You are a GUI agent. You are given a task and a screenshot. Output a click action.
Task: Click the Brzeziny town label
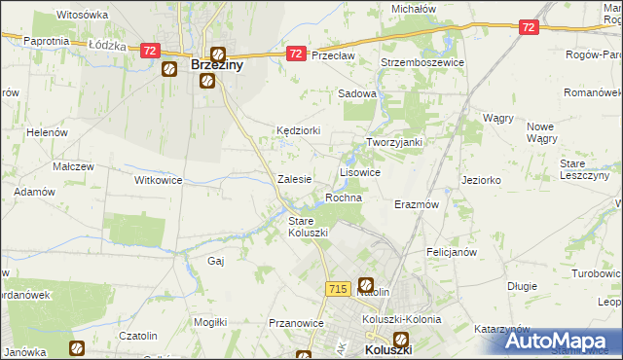(216, 66)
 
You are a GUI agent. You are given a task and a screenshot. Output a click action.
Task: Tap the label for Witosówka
(82, 16)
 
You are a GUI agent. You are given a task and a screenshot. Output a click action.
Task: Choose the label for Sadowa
(356, 93)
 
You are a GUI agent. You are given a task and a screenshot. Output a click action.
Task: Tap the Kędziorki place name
(298, 129)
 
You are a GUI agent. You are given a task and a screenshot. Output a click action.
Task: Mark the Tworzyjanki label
(393, 142)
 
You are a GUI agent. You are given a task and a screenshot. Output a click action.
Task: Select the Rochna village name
(344, 198)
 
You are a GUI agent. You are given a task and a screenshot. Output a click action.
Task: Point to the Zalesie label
(294, 179)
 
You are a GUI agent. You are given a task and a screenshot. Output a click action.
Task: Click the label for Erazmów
(417, 205)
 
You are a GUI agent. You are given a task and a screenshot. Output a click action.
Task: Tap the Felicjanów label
(451, 252)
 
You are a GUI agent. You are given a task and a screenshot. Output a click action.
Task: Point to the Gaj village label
(216, 261)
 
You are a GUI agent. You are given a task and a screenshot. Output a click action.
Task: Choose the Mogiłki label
(210, 321)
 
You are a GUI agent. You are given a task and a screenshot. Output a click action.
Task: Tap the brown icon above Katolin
(366, 284)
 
